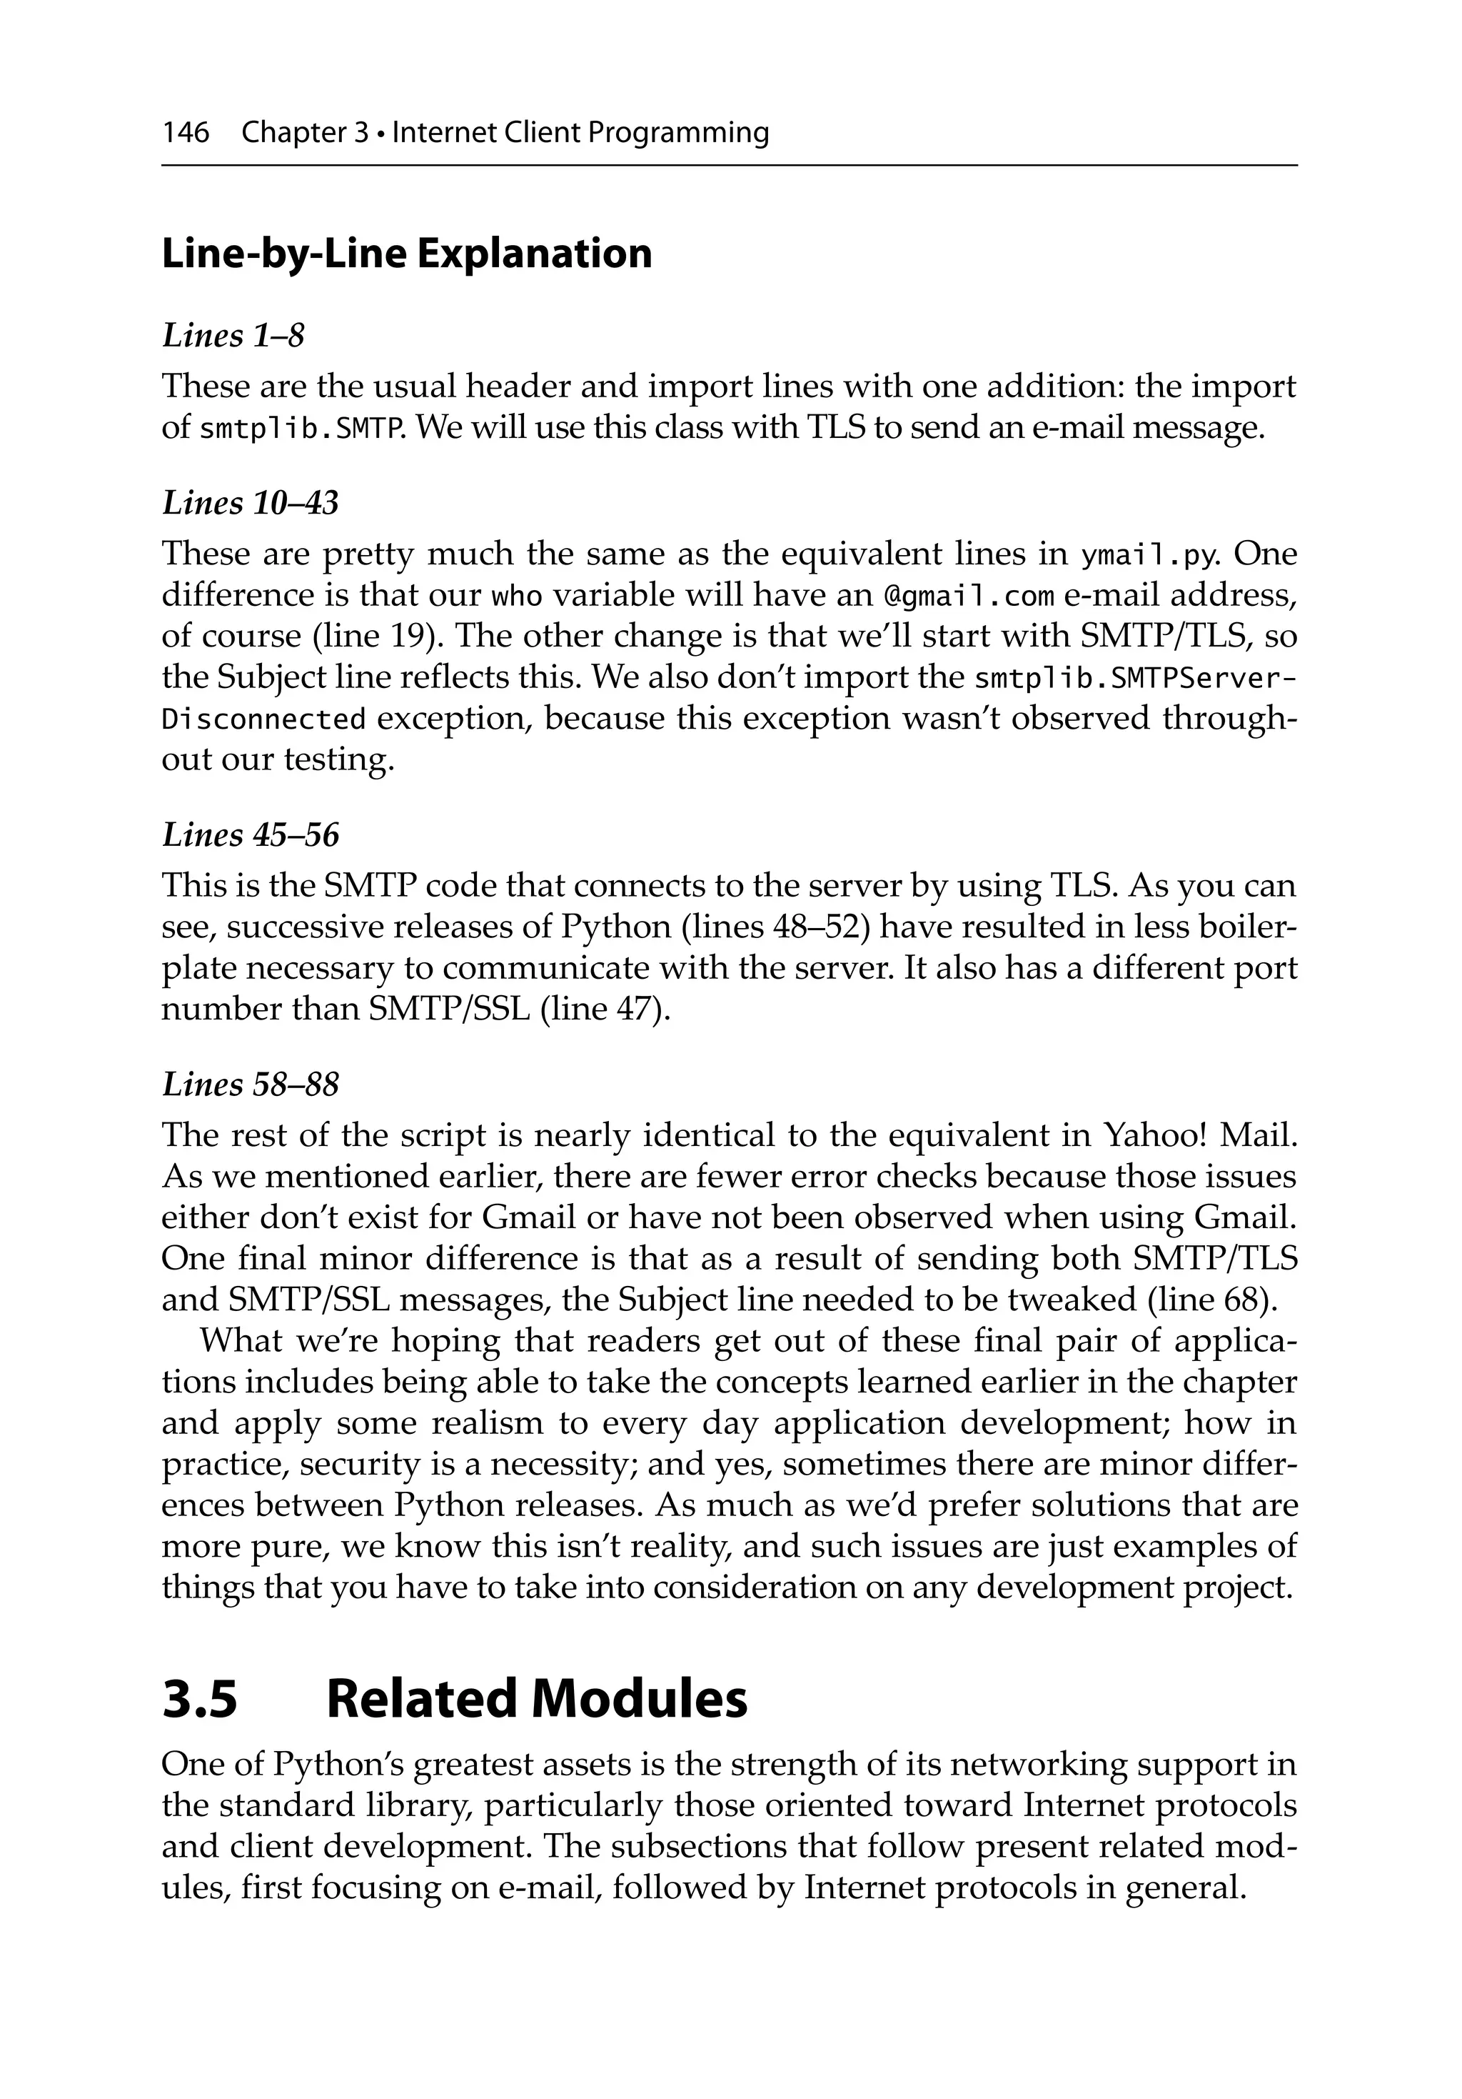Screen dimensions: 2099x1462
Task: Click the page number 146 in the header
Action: click(186, 134)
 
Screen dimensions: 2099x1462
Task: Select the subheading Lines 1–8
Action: click(232, 336)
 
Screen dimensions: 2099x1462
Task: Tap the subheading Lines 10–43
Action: click(249, 503)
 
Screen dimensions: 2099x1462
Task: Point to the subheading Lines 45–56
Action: click(249, 834)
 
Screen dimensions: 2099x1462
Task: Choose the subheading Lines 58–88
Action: click(249, 1085)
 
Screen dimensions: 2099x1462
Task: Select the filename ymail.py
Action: click(1151, 556)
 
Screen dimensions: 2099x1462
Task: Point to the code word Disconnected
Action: click(264, 720)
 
